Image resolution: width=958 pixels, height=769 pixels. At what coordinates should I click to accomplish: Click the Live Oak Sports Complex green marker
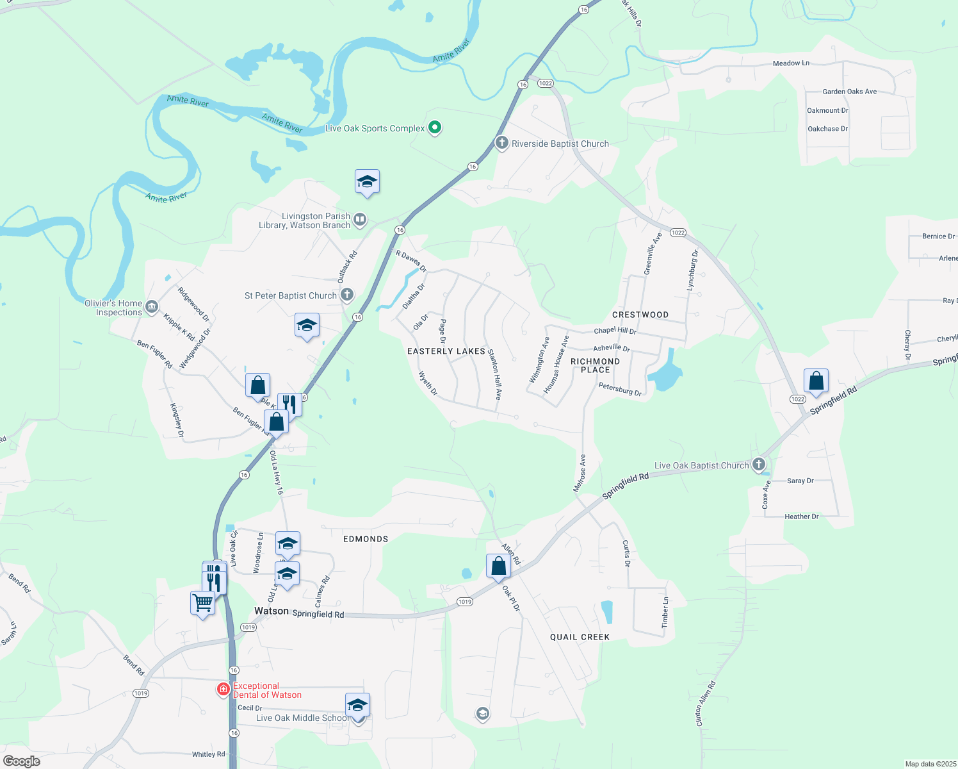click(435, 128)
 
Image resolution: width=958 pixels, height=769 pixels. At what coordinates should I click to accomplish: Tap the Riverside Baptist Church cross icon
click(502, 143)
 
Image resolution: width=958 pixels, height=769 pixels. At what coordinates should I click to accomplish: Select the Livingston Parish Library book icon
click(360, 220)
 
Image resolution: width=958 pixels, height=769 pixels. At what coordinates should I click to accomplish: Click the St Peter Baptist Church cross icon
click(346, 295)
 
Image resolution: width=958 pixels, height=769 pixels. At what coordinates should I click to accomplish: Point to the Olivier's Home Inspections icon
click(152, 307)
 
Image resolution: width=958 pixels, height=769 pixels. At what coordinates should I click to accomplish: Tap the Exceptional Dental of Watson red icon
click(223, 690)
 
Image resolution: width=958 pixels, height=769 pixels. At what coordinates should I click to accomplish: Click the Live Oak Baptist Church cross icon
click(759, 465)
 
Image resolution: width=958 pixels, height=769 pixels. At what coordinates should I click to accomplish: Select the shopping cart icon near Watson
click(203, 602)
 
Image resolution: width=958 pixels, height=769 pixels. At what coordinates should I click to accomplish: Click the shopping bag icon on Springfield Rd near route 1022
click(816, 381)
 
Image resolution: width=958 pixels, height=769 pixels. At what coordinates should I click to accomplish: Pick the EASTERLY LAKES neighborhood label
click(446, 351)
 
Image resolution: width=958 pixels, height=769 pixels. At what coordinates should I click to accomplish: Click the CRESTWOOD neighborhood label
click(640, 315)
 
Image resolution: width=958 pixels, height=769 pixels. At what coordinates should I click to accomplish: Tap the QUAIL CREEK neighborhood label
click(580, 637)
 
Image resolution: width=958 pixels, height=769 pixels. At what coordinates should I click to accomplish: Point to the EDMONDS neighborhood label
click(366, 539)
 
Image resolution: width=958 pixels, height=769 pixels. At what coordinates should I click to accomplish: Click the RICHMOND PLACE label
click(595, 365)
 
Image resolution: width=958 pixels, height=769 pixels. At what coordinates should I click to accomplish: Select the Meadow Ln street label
click(791, 63)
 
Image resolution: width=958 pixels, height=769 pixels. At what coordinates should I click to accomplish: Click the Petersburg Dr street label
click(620, 388)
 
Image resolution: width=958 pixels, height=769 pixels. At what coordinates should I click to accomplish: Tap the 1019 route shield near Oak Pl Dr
click(465, 602)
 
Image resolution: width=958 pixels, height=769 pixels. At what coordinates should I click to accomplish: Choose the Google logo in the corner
click(22, 761)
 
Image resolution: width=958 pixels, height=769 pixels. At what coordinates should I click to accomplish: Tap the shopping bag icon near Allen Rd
click(498, 566)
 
